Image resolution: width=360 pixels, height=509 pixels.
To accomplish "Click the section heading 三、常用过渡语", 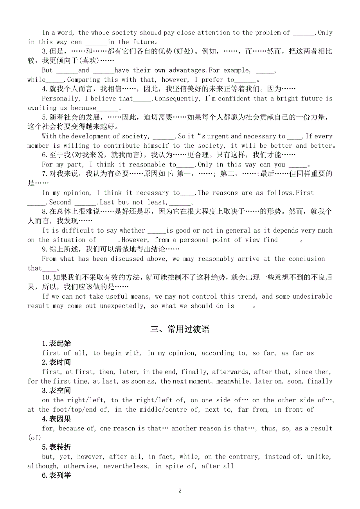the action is tap(180, 329).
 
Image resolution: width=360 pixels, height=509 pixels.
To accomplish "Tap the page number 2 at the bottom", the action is tap(180, 491).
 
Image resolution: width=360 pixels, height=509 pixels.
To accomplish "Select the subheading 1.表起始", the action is tap(56, 344).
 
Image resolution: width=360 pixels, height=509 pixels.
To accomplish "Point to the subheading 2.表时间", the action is tap(56, 362).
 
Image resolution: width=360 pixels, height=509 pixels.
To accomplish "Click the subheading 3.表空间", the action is tap(56, 391).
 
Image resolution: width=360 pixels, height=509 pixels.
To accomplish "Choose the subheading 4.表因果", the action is tap(56, 419).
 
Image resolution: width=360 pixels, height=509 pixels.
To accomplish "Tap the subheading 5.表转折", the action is tap(56, 447).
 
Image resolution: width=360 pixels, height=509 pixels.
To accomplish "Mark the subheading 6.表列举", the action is tap(56, 475).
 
